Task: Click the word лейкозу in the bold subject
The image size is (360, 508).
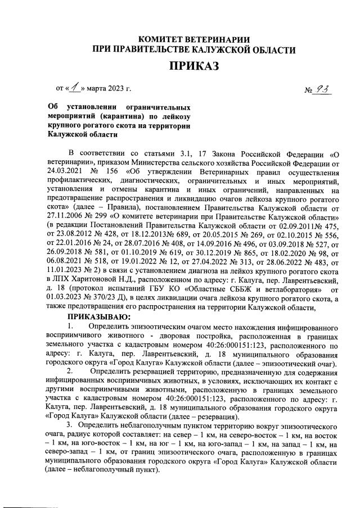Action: (175, 116)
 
